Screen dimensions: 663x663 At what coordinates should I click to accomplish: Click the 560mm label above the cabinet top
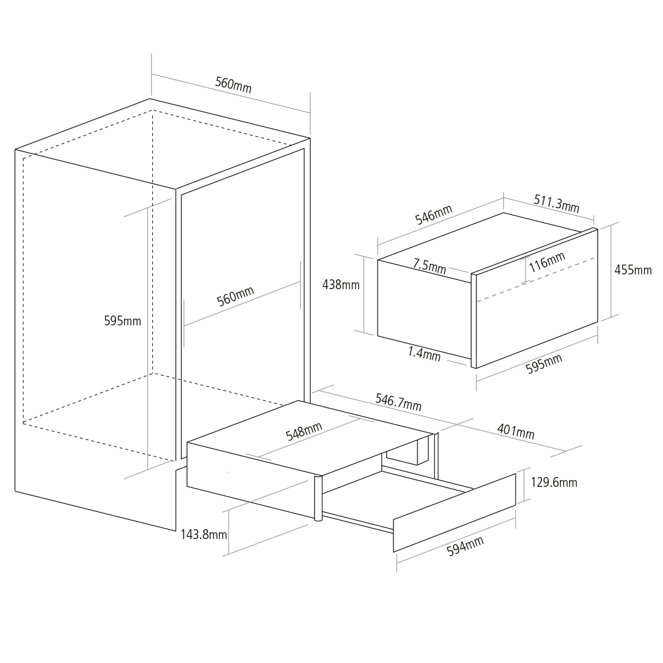233,85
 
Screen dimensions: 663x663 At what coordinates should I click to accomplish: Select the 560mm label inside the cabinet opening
236,296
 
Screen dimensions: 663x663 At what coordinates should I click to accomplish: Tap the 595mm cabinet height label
123,321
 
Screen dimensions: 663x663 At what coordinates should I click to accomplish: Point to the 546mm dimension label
434,214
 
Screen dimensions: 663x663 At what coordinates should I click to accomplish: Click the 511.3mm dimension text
556,203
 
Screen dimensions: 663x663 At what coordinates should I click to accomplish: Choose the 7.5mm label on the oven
430,266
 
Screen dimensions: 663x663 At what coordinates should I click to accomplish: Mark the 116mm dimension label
547,262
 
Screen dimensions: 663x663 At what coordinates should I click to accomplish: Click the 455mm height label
633,269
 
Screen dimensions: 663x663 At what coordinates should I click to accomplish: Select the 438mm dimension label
341,285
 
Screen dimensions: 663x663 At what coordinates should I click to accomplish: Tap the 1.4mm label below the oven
425,354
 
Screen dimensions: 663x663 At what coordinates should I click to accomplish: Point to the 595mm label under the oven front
544,363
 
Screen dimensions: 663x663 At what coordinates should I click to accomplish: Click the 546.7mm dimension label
399,402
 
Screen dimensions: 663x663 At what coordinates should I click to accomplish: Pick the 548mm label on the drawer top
304,432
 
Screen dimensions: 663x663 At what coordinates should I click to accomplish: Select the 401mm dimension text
516,432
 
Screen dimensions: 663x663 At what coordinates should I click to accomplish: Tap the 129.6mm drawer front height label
554,483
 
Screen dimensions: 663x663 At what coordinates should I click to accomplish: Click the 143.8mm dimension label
204,535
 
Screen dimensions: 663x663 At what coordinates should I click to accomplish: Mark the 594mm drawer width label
465,546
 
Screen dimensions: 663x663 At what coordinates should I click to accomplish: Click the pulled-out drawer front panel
454,513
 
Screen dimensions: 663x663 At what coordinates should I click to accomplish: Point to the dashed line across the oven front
536,279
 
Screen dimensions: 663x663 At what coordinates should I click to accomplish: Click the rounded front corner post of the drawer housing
319,498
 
